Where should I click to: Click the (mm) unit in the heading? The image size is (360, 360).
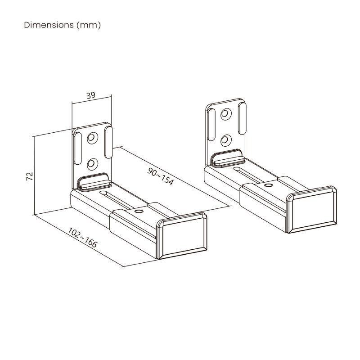[x=89, y=25]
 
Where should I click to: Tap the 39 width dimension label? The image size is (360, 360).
[x=90, y=95]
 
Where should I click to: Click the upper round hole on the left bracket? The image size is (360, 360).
[x=93, y=137]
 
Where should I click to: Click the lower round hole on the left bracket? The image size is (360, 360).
[x=93, y=162]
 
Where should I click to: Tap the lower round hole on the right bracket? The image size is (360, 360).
[x=225, y=140]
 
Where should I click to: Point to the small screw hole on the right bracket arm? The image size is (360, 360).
[x=268, y=185]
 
